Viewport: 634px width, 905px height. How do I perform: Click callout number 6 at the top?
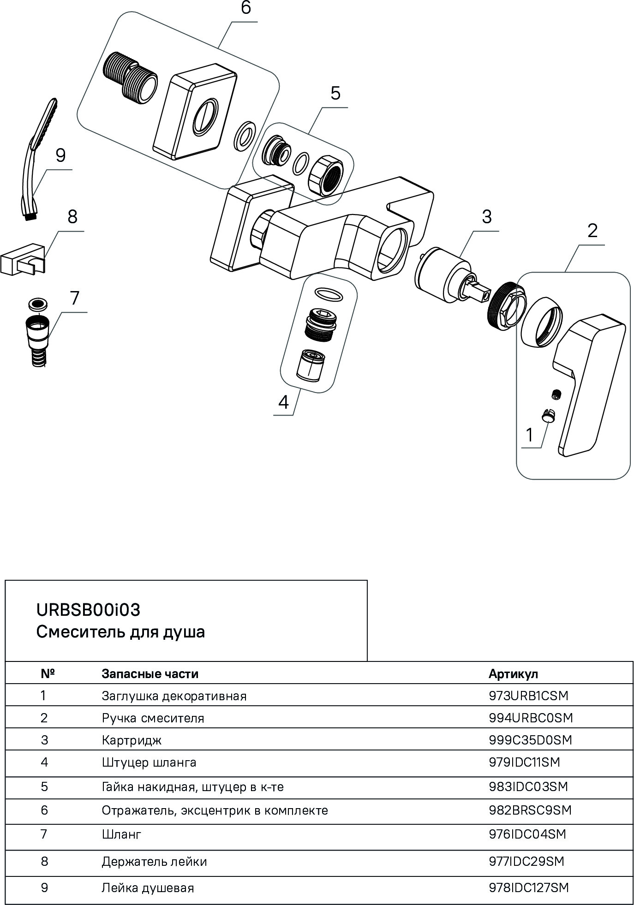pyautogui.click(x=245, y=8)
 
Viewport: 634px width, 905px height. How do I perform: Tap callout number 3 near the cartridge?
pyautogui.click(x=487, y=217)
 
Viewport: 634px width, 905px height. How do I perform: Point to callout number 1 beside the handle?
pyautogui.click(x=529, y=435)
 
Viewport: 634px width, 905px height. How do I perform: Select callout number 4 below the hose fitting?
pyautogui.click(x=283, y=402)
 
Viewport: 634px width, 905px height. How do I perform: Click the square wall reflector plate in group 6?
pyautogui.click(x=194, y=113)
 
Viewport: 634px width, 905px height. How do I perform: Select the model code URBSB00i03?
pyautogui.click(x=88, y=610)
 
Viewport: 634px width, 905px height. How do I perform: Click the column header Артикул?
pyautogui.click(x=513, y=674)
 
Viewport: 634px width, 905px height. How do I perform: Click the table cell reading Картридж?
pyautogui.click(x=132, y=740)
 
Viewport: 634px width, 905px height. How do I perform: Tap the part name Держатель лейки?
pyautogui.click(x=154, y=862)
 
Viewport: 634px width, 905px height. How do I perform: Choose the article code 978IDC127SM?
pyautogui.click(x=528, y=887)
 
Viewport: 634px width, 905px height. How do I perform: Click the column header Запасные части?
pyautogui.click(x=150, y=674)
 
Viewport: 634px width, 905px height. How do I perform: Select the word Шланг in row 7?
pyautogui.click(x=121, y=834)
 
